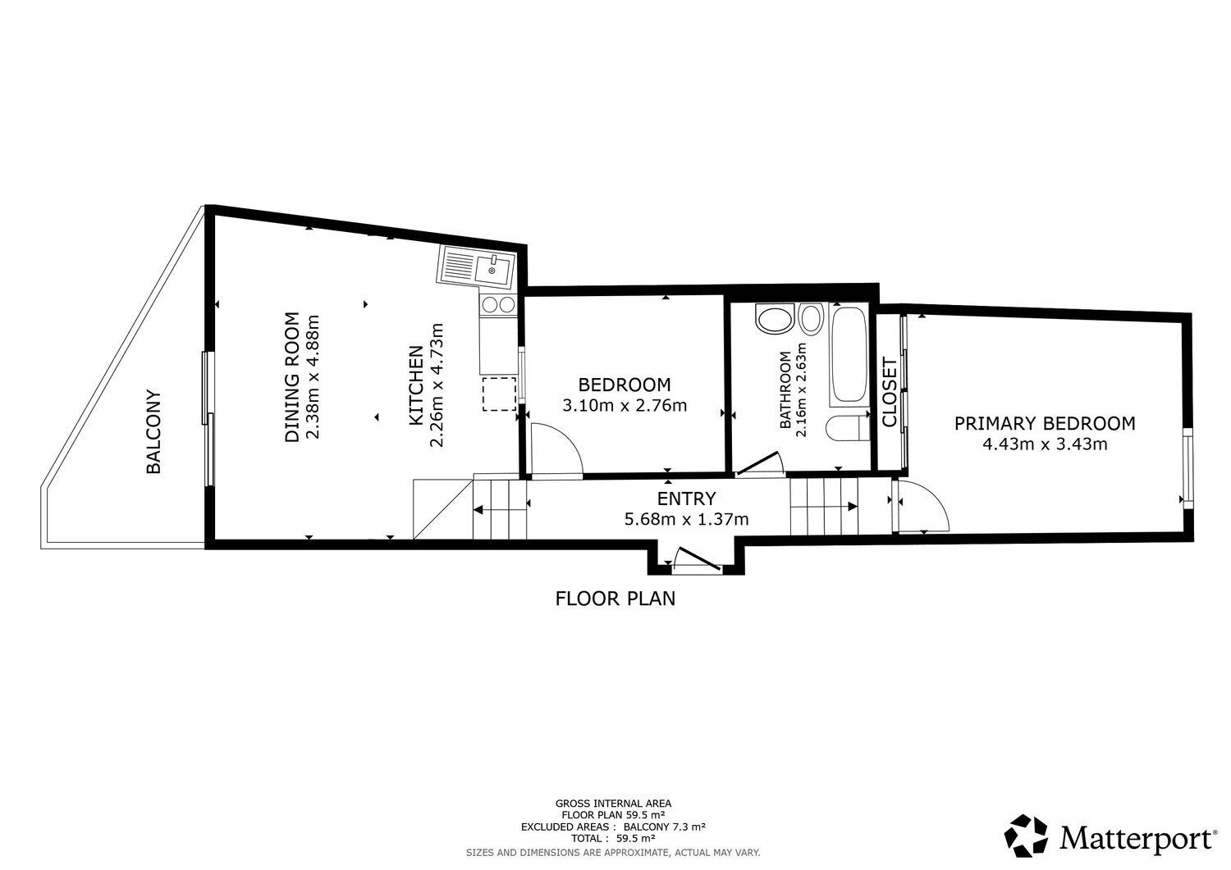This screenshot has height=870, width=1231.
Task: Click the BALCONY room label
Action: (153, 431)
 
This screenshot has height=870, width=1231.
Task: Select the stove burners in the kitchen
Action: (498, 305)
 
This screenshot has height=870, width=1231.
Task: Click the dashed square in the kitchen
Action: (498, 394)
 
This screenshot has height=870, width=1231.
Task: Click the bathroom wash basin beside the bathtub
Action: (811, 319)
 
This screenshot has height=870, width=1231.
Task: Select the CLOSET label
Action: (889, 392)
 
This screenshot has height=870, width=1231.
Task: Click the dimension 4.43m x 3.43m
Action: (1045, 444)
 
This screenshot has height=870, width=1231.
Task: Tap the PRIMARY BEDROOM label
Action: (1045, 423)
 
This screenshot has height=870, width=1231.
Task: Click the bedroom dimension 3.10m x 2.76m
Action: (625, 405)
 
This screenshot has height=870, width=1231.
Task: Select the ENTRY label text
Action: (686, 499)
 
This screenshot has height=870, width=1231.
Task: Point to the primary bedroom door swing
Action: (923, 508)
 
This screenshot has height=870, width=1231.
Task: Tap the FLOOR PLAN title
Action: (615, 599)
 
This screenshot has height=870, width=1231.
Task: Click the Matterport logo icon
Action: (1027, 837)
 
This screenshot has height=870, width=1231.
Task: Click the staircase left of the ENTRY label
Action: (499, 508)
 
